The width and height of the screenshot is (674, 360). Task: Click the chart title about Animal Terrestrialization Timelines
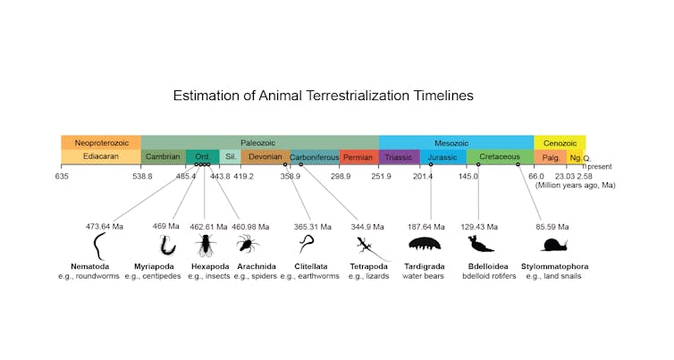coord(323,95)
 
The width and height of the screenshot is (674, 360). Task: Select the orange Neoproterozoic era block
coord(100,143)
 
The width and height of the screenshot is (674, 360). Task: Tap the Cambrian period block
coord(164,157)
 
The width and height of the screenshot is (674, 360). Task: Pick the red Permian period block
coord(358,157)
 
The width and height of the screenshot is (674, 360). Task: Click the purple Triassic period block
coord(399,157)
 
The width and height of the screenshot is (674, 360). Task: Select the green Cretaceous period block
coord(499,157)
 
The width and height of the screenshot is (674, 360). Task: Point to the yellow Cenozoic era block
coord(560,143)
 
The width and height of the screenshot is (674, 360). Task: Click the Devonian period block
coord(265,157)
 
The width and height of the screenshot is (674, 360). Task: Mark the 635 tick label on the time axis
coord(61,177)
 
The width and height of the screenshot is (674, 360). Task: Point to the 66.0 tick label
coord(535,177)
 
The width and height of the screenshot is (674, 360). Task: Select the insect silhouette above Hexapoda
coord(205,243)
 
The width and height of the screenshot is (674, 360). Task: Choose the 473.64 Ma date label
coord(104,227)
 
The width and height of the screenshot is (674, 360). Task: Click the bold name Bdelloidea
coord(488,266)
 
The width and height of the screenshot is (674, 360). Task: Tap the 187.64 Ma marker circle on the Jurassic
coord(431,164)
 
